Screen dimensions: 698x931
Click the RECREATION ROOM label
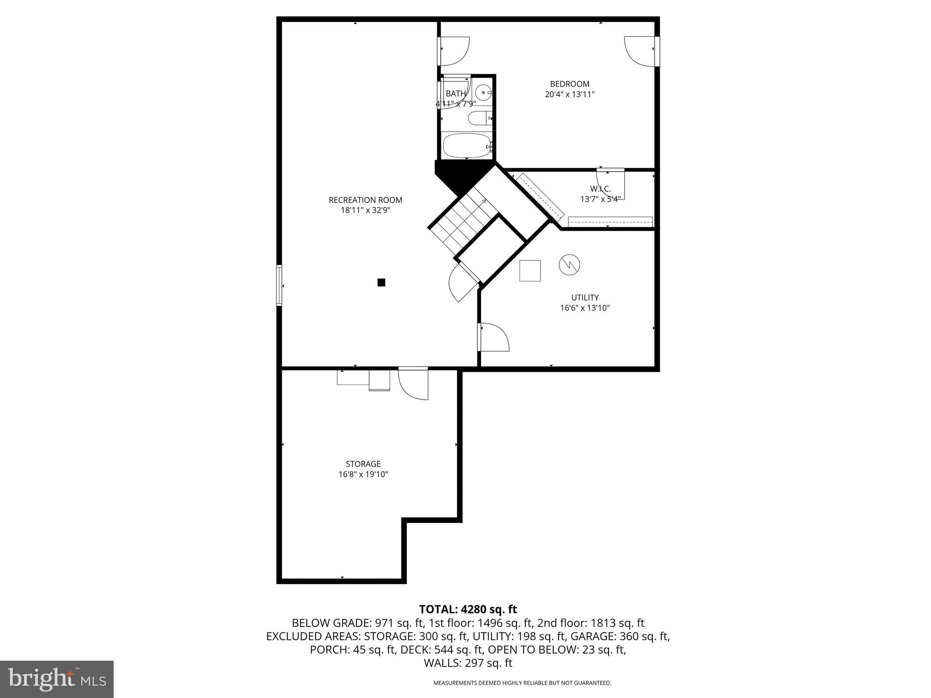tap(365, 200)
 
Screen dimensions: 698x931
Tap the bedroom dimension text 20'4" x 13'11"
tap(570, 95)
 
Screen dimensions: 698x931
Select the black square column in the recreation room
tap(381, 283)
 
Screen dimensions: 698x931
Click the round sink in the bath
tap(482, 92)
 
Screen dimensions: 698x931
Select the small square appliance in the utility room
tap(530, 271)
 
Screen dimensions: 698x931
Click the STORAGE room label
tap(363, 464)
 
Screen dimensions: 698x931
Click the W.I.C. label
tap(600, 189)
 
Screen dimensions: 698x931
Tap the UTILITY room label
tap(585, 298)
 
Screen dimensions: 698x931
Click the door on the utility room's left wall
tap(493, 337)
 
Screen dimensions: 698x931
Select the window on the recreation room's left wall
tap(279, 285)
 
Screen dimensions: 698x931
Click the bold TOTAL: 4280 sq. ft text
tap(468, 609)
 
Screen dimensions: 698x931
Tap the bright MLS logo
tap(57, 679)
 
